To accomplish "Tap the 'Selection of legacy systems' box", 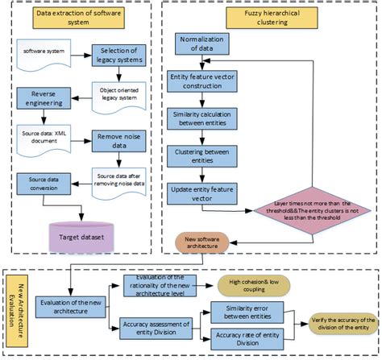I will coord(118,57).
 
